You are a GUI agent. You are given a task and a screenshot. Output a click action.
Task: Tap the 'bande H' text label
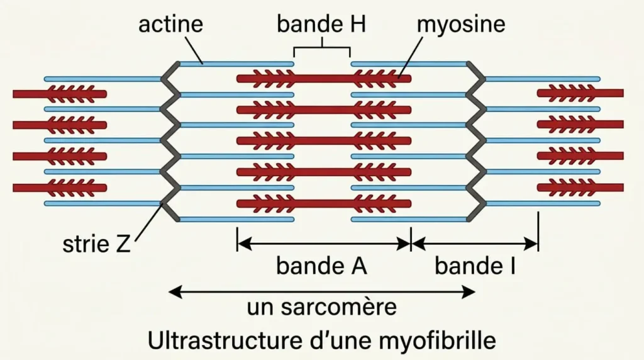321,25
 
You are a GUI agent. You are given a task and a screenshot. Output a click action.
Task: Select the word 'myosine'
462,25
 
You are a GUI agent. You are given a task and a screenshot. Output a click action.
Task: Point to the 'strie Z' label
96,244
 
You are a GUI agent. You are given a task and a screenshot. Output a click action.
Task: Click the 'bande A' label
321,266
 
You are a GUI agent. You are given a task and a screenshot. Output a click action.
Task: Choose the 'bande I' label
475,266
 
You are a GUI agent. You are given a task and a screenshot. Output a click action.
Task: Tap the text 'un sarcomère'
321,308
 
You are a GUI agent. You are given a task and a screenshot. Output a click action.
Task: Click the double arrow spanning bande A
323,240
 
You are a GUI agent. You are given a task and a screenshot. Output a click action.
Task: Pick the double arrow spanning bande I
475,240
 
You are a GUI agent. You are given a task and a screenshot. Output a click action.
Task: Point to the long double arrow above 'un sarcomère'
321,291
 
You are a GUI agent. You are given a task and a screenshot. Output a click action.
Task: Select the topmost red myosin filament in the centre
323,79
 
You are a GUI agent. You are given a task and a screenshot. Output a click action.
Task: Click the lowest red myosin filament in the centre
323,203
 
